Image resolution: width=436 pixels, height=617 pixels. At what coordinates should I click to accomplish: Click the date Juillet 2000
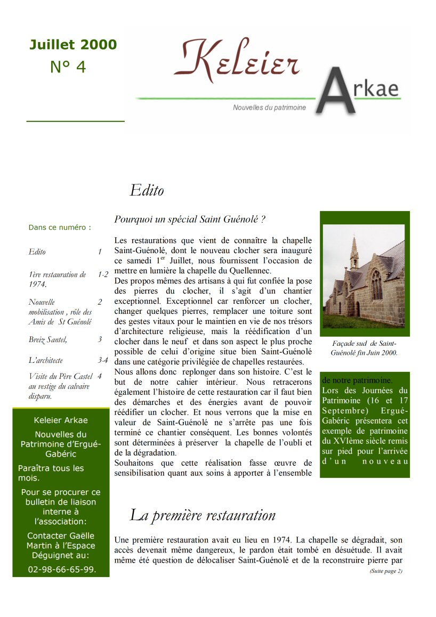click(73, 45)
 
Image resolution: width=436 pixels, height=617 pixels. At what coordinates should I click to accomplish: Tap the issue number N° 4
click(68, 67)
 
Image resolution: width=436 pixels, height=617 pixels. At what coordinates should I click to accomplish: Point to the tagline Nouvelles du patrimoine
click(269, 108)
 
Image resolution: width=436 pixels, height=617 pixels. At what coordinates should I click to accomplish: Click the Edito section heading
click(147, 190)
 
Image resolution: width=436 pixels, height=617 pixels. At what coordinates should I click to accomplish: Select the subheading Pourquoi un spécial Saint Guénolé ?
click(190, 219)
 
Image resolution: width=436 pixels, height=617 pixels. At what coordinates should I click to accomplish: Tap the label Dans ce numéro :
click(60, 228)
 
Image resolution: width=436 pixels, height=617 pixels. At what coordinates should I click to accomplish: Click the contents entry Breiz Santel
click(47, 339)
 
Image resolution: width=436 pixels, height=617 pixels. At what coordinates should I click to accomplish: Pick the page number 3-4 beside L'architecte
click(103, 360)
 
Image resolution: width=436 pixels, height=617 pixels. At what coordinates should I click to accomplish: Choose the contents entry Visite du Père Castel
click(60, 376)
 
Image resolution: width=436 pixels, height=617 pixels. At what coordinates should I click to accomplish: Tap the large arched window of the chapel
click(376, 284)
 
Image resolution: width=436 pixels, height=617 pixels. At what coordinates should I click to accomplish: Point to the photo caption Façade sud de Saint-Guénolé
click(364, 348)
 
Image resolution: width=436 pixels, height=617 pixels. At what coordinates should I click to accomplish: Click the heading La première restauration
click(203, 515)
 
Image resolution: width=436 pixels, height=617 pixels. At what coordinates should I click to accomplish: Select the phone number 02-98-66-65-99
click(62, 569)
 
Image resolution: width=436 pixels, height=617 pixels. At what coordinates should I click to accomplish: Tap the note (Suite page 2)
click(386, 571)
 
